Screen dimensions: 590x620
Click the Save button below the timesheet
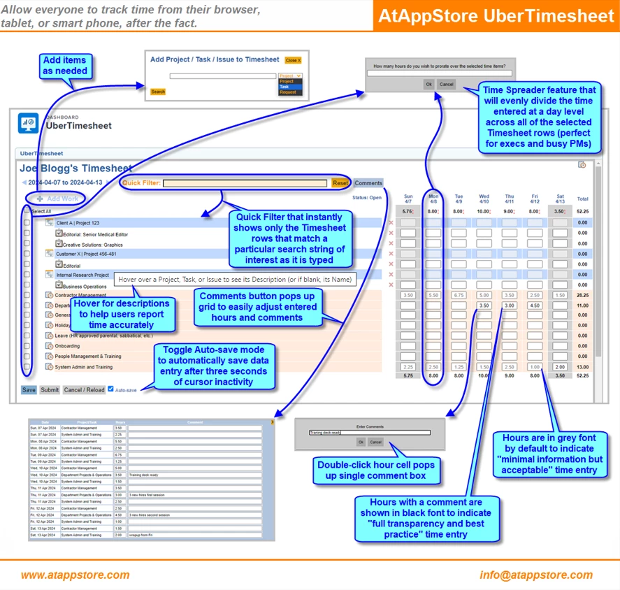tap(29, 390)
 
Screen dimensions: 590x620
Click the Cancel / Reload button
tap(84, 390)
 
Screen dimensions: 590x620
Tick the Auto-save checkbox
tap(110, 389)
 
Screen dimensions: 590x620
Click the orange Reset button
tap(340, 183)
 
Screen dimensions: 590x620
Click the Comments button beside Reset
tap(368, 183)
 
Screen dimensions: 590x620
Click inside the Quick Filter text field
tap(245, 183)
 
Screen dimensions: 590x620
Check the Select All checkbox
tap(27, 210)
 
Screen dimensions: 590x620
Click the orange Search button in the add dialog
tap(158, 92)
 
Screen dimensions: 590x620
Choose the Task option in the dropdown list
tap(284, 87)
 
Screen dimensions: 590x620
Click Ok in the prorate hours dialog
tap(428, 84)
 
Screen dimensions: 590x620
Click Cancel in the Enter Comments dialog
tap(375, 442)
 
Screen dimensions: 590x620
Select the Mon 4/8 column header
tap(433, 199)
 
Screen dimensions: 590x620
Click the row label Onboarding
tap(67, 345)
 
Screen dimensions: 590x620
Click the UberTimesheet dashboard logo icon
tap(29, 123)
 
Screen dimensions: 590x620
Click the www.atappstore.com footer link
tap(75, 575)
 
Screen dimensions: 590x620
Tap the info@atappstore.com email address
tap(536, 575)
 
